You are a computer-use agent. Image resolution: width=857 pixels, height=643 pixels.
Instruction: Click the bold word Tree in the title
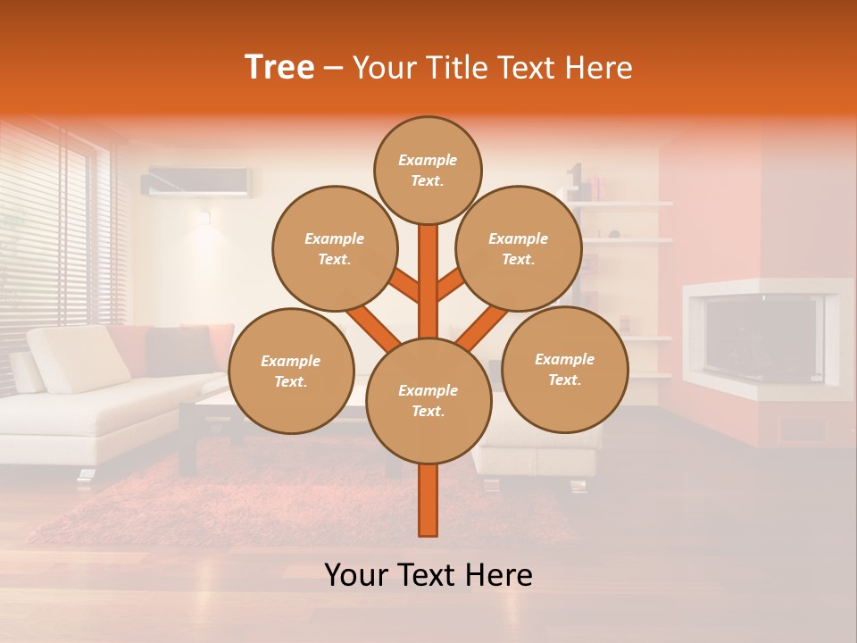(x=279, y=67)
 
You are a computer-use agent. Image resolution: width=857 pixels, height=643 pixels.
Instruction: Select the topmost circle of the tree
(x=428, y=171)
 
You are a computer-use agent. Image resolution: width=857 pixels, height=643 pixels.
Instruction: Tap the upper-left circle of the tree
(x=334, y=249)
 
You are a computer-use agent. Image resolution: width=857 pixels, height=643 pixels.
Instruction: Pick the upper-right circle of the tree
(x=518, y=249)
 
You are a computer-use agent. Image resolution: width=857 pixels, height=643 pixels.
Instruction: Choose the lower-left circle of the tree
(x=291, y=372)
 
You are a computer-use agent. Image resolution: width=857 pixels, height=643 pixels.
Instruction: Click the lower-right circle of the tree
(x=564, y=370)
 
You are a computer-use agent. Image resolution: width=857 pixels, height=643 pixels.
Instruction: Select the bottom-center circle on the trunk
(x=428, y=401)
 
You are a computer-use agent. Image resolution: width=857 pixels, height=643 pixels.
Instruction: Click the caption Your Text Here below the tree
(x=428, y=575)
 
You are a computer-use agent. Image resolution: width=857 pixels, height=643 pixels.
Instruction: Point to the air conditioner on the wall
(x=196, y=181)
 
